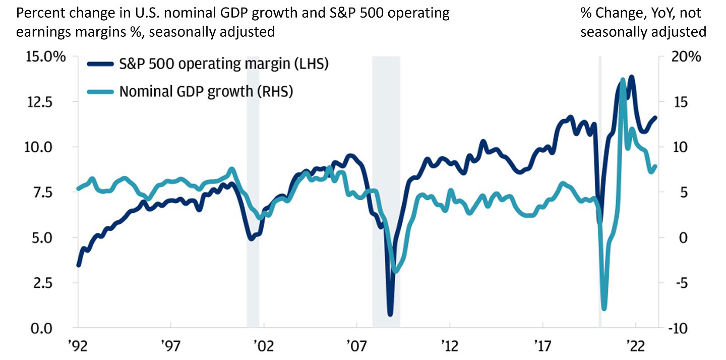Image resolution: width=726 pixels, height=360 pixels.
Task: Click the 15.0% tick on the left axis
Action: (x=46, y=56)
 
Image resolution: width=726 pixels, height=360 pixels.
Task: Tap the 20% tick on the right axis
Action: (x=687, y=56)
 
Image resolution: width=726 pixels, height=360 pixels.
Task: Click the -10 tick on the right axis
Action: (x=687, y=328)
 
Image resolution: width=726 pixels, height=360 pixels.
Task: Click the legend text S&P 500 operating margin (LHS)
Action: (x=224, y=65)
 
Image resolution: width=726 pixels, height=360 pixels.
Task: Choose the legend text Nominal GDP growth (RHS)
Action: (x=206, y=91)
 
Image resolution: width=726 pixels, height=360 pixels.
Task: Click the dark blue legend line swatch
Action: (x=100, y=65)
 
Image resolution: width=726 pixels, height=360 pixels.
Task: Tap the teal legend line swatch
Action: (x=100, y=91)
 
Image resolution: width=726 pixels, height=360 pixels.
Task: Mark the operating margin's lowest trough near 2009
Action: (x=390, y=314)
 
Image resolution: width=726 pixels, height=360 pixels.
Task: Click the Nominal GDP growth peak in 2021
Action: (x=623, y=80)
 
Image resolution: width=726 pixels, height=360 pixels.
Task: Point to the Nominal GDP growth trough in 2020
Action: (x=604, y=309)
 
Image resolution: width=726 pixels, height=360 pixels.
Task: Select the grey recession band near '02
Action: (x=253, y=192)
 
